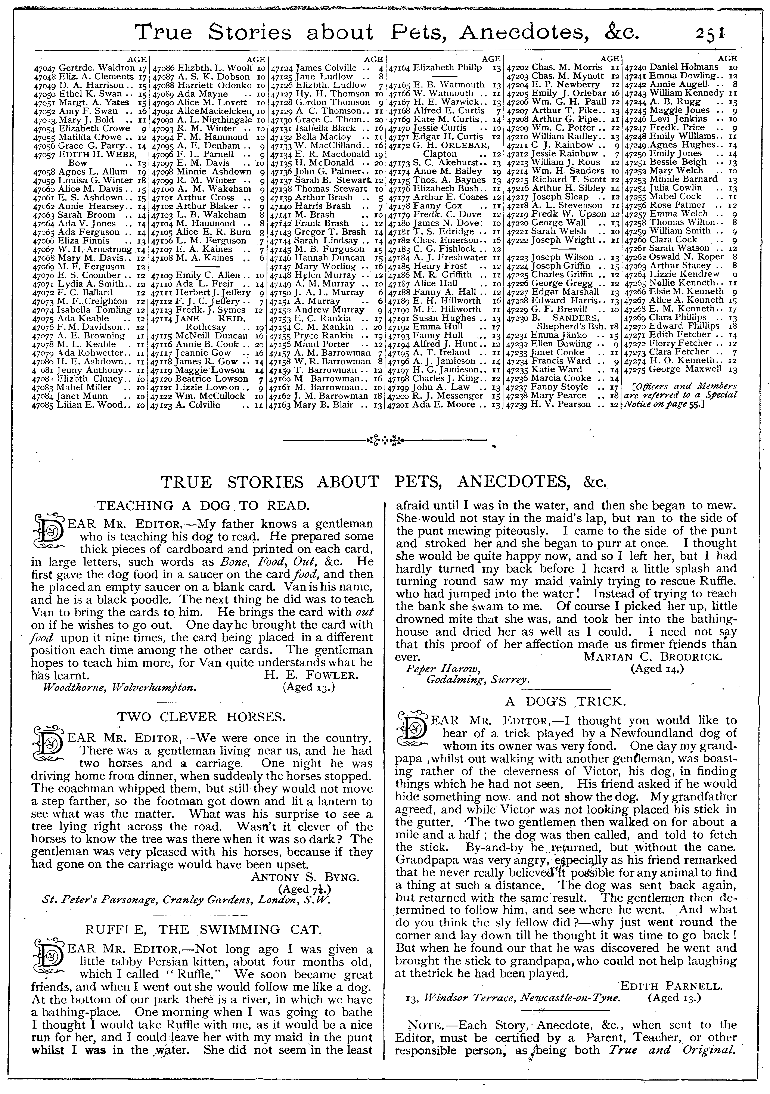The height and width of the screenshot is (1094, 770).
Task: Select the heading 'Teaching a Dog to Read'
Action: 204,506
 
